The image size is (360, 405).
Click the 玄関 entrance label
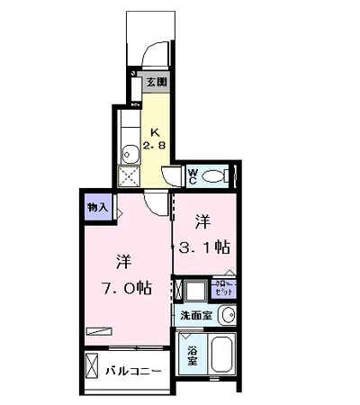(157, 83)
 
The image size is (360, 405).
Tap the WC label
(193, 175)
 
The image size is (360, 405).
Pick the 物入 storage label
(98, 207)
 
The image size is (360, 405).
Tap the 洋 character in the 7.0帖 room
(123, 261)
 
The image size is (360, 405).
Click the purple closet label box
(223, 289)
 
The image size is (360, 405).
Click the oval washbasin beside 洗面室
(227, 315)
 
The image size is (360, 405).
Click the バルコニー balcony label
(134, 370)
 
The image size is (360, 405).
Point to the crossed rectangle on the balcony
(93, 368)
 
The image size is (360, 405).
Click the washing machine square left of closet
(194, 290)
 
